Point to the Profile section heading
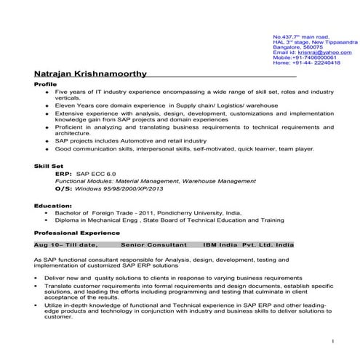click(45, 85)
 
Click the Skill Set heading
click(48, 167)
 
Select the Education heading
click(52, 207)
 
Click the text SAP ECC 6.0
click(96, 175)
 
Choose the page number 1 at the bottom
click(332, 340)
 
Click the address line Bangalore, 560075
click(297, 47)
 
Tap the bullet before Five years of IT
click(47, 92)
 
